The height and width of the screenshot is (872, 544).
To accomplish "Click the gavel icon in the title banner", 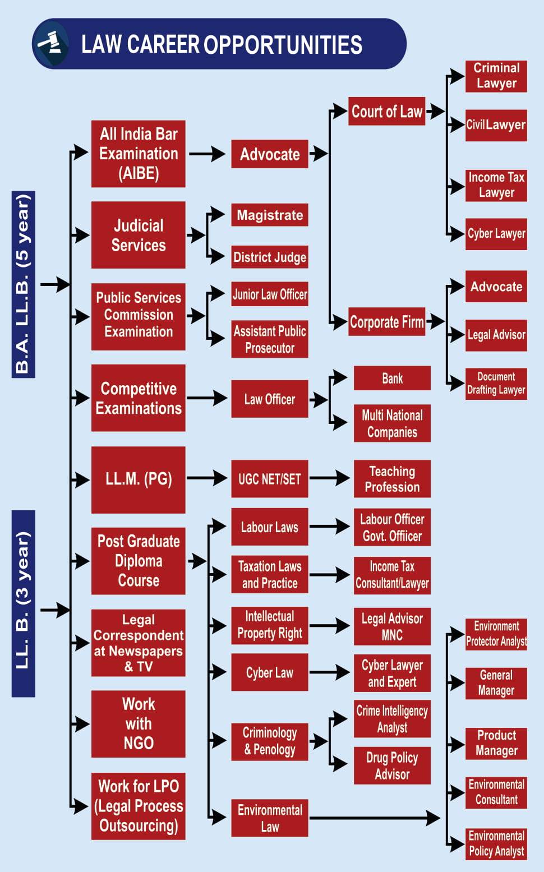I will click(x=50, y=43).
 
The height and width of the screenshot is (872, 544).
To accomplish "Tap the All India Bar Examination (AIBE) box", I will click(x=139, y=154).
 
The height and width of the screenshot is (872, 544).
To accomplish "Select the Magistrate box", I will click(x=270, y=215).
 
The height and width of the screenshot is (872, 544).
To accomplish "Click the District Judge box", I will click(x=270, y=257).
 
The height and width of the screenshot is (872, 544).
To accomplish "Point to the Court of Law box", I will click(x=386, y=111).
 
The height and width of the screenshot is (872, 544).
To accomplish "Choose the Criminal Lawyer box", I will click(x=496, y=76).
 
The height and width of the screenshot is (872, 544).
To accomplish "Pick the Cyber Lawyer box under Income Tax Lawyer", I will click(x=496, y=233).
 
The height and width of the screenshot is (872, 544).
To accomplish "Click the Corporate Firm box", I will click(x=386, y=321).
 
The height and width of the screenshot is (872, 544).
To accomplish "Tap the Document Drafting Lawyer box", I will click(x=496, y=384).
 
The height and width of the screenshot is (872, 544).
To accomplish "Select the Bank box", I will click(x=392, y=379).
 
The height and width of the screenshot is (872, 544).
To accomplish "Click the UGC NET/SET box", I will click(x=270, y=479).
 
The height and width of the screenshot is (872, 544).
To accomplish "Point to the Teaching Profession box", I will click(x=392, y=479).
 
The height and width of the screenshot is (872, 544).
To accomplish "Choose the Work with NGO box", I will click(x=139, y=723).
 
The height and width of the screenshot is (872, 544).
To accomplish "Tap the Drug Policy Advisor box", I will click(x=392, y=765).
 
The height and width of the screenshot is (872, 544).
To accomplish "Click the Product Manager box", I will click(x=496, y=743).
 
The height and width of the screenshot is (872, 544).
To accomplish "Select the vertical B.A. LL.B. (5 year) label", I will click(x=23, y=284).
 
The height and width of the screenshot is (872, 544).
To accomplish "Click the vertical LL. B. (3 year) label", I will click(x=23, y=603).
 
